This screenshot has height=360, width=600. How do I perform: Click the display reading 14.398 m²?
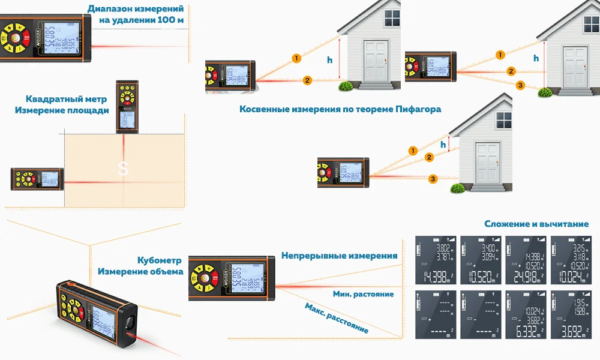click(436, 260)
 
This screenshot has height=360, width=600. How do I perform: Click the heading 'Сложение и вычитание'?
click(536, 224)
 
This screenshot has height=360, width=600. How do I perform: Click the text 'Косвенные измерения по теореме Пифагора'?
click(340, 109)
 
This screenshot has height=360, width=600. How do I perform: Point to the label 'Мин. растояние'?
click(363, 294)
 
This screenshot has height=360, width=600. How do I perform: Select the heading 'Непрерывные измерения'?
click(340, 256)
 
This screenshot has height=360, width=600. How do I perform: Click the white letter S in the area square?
click(122, 170)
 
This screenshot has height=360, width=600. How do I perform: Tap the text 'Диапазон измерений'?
click(136, 9)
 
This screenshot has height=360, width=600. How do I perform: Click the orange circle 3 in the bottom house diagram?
click(433, 178)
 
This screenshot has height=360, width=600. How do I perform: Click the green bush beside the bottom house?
click(456, 188)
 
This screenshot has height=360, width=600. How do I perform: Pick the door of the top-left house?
click(377, 60)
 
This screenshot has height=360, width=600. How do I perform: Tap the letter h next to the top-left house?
click(329, 59)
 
